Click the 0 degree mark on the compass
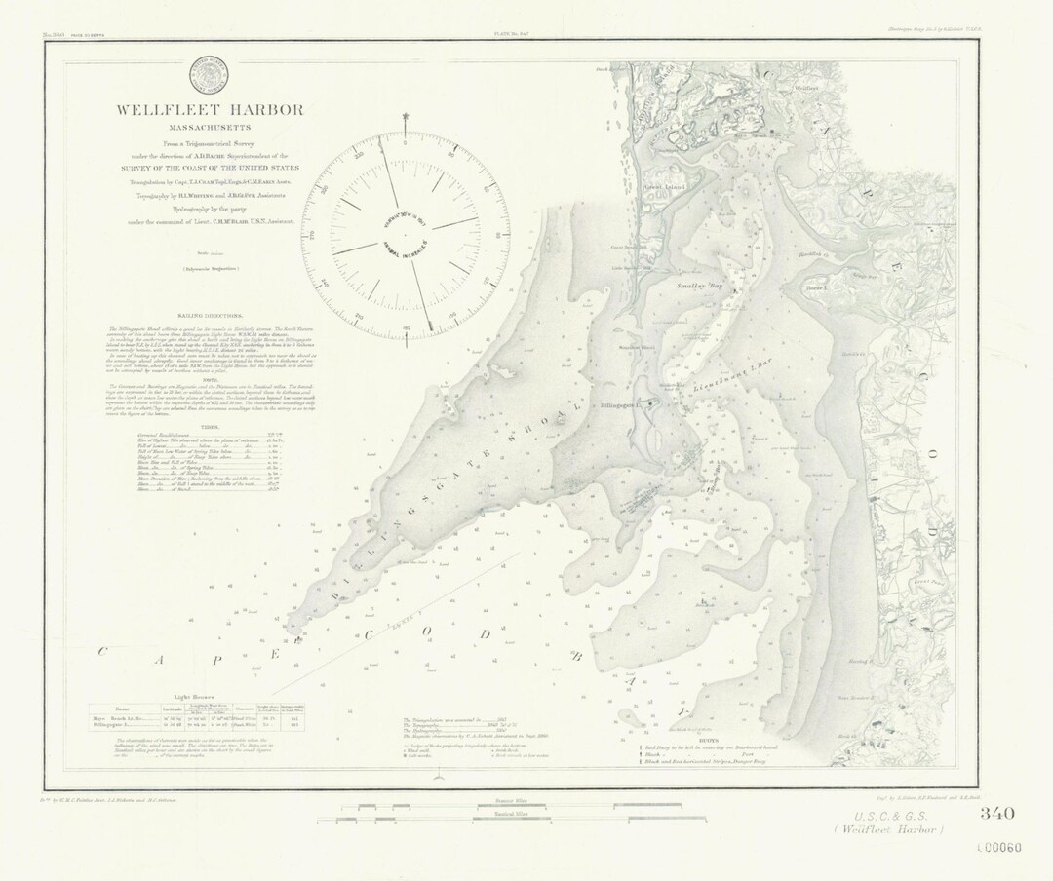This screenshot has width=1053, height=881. coord(405,142)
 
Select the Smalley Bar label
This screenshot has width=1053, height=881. coord(699,287)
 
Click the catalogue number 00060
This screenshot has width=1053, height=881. coord(999,847)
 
